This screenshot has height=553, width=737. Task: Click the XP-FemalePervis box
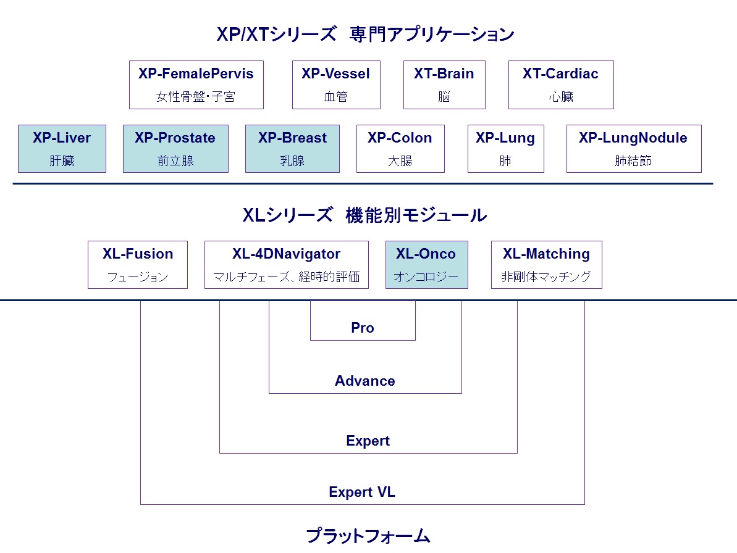[196, 85]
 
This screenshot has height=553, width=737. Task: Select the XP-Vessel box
[336, 85]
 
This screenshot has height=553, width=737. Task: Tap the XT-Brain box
[444, 85]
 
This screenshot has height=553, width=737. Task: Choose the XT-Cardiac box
[561, 85]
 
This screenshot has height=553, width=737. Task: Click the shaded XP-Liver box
[62, 149]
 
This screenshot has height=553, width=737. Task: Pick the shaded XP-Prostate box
[175, 149]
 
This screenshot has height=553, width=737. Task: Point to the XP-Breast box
[292, 149]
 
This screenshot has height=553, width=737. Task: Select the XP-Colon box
[400, 149]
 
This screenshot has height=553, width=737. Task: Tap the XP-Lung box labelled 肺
[505, 149]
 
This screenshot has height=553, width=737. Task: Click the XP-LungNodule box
[633, 149]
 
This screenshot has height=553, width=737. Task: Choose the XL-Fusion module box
[138, 265]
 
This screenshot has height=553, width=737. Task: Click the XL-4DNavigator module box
[287, 265]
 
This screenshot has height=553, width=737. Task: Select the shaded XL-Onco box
[426, 265]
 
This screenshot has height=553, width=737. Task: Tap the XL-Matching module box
[546, 265]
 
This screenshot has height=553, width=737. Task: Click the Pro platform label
[363, 328]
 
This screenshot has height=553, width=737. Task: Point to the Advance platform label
[365, 381]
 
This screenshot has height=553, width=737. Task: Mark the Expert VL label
[362, 492]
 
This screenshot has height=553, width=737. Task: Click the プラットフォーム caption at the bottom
[368, 535]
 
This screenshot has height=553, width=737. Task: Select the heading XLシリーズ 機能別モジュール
[364, 215]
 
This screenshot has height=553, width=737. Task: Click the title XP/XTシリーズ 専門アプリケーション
[365, 34]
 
